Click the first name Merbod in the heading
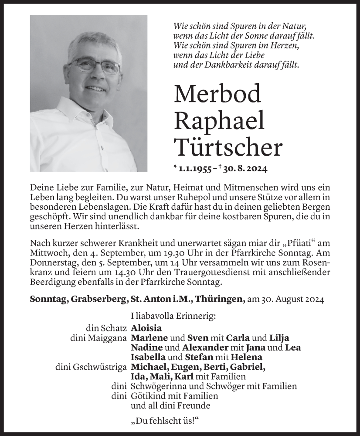pos(217,94)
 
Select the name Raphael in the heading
pos(219,121)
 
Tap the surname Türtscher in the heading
pos(228,147)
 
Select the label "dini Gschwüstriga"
pos(91,367)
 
